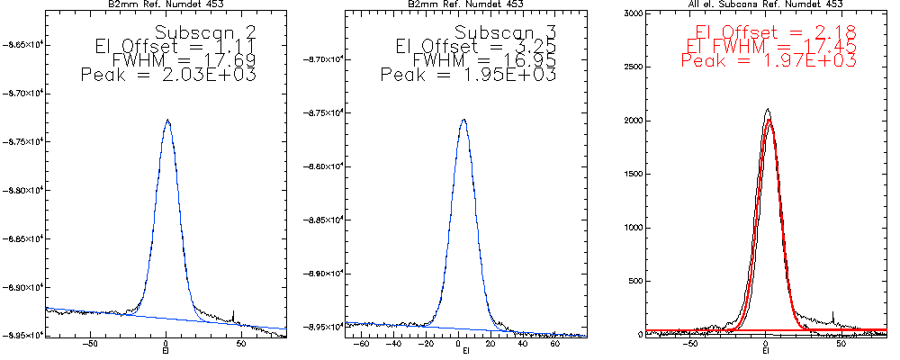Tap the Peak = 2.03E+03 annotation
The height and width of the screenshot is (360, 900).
pos(169,76)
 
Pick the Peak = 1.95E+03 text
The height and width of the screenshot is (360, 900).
pos(469,76)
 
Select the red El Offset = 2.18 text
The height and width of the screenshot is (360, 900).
pos(775,31)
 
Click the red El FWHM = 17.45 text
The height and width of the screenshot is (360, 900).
pos(769,46)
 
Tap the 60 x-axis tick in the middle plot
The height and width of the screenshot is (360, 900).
pos(555,343)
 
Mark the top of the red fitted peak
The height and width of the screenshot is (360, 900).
pos(769,120)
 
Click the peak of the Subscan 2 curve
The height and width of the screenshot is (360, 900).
pos(167,120)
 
